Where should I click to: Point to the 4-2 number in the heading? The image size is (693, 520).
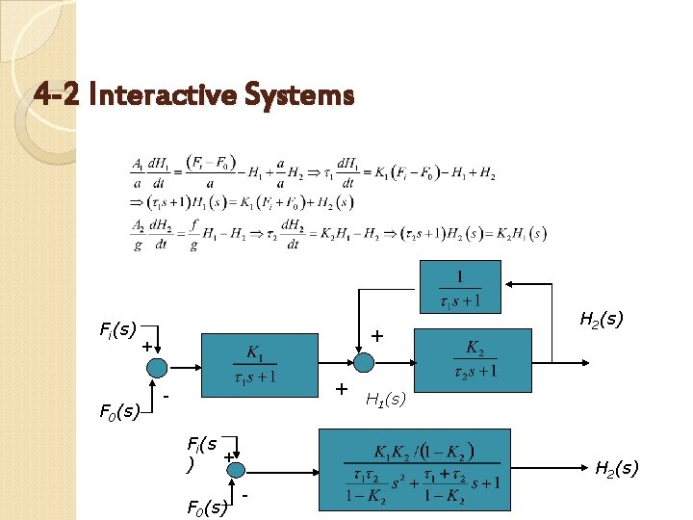(56, 95)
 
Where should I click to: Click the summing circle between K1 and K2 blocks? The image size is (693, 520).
(364, 362)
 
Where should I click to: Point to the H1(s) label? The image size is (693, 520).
(386, 399)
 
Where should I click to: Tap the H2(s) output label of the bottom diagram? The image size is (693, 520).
(616, 468)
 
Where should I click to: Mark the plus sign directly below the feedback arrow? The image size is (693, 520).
(377, 336)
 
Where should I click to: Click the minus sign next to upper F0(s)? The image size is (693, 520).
(167, 395)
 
